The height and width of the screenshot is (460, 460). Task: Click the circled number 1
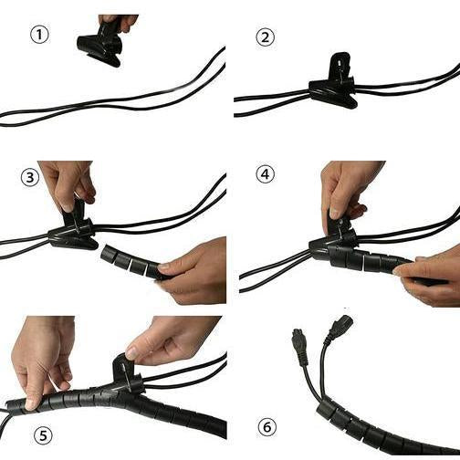tap(39, 35)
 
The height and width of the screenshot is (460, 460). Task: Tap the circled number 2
tap(266, 37)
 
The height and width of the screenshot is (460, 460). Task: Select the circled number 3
tap(30, 177)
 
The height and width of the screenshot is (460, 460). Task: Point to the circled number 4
tap(265, 174)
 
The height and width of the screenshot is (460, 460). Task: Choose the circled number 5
tap(43, 435)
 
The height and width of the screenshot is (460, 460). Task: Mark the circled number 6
tap(267, 427)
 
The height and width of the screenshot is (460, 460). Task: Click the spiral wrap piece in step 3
tap(131, 261)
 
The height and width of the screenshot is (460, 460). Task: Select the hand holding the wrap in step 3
tap(192, 271)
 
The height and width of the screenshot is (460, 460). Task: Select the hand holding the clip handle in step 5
tap(171, 340)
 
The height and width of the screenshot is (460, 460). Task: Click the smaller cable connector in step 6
tap(301, 346)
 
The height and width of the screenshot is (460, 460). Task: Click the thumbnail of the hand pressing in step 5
tap(30, 403)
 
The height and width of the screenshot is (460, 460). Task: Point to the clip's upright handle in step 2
tap(341, 66)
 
